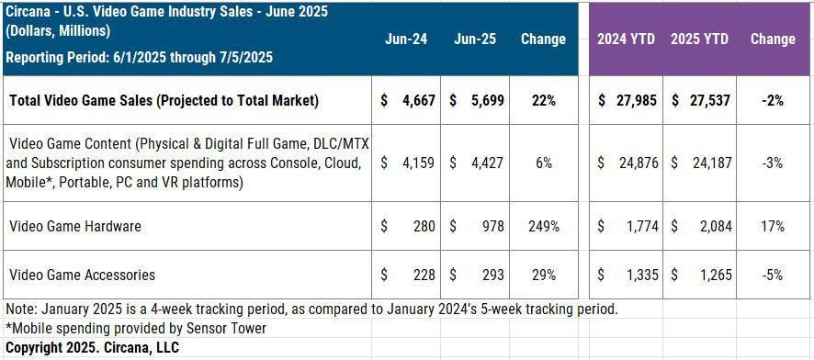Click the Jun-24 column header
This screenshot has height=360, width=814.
tap(405, 39)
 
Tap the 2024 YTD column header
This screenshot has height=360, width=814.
tap(625, 39)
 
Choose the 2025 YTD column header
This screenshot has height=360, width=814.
tap(700, 39)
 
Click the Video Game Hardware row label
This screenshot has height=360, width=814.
tap(63, 226)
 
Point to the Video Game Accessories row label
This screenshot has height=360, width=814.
tap(70, 275)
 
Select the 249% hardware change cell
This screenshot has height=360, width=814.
tap(543, 226)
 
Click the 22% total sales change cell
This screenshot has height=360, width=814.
tap(543, 101)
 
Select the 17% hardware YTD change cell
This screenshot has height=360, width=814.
tap(773, 226)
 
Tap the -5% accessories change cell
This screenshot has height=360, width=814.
tap(773, 275)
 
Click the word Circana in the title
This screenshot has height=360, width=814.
tap(31, 13)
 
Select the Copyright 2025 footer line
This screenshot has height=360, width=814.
tap(92, 348)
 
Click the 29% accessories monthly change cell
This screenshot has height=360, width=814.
tap(543, 275)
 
